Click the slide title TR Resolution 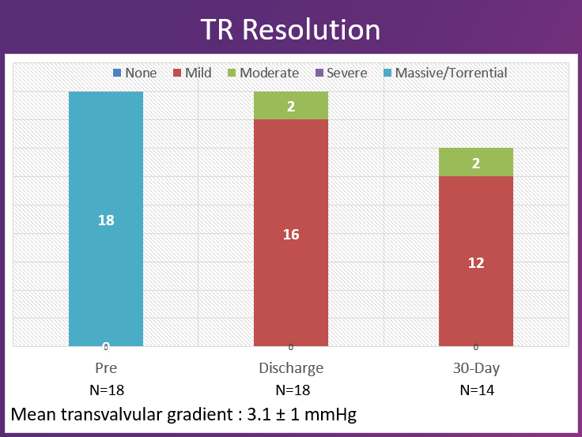pos(290,29)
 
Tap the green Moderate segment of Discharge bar pos(291,105)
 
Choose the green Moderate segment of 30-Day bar pos(476,162)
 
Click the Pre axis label pos(106,368)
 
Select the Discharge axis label pos(291,368)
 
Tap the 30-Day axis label pos(476,368)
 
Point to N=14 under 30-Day pos(476,390)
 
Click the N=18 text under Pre pos(106,390)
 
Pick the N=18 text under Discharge pos(291,390)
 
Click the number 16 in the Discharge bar pos(291,235)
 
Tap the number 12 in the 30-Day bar pos(476,263)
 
